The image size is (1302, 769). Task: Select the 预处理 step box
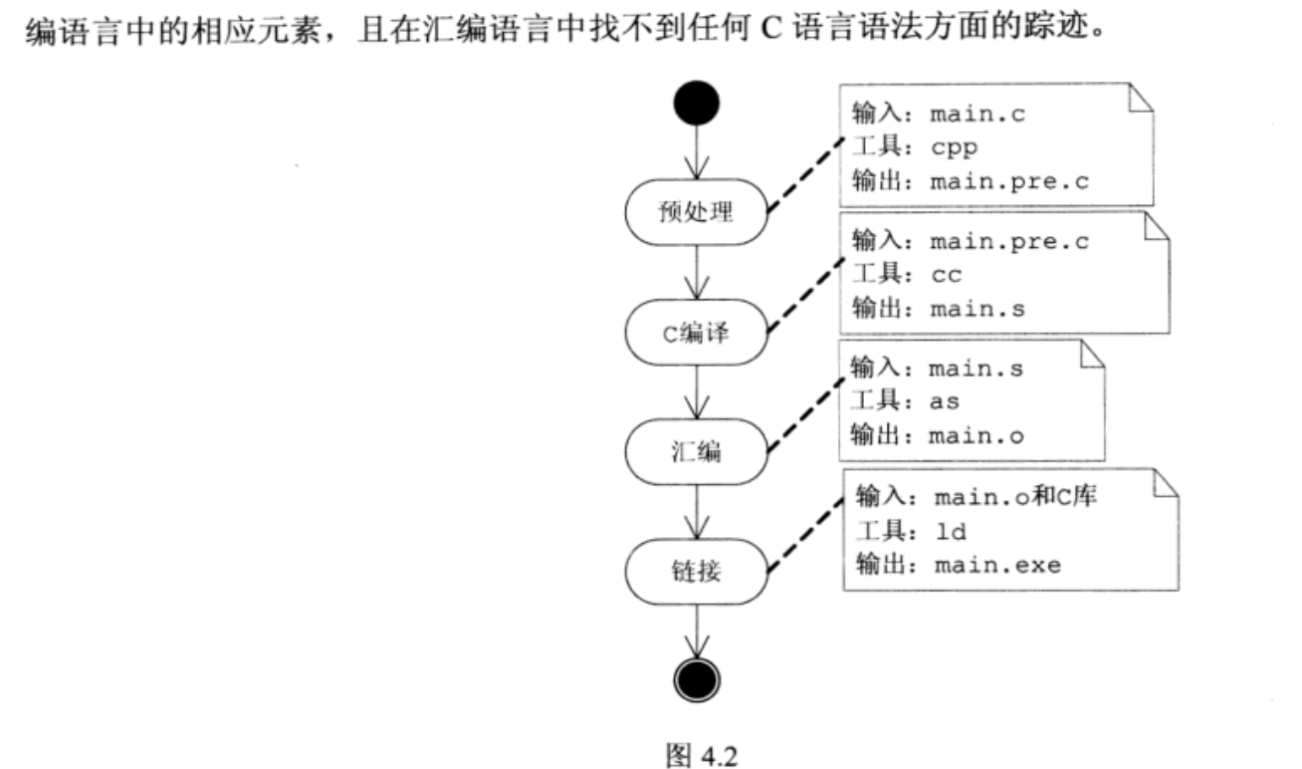pyautogui.click(x=697, y=211)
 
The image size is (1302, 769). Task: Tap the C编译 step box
pyautogui.click(x=697, y=332)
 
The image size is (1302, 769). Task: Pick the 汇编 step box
pyautogui.click(x=697, y=451)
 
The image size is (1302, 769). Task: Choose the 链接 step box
pyautogui.click(x=697, y=571)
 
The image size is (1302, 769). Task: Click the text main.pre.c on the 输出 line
pyautogui.click(x=1007, y=181)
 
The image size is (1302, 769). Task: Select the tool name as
pyautogui.click(x=945, y=402)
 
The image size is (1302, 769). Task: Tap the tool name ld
pyautogui.click(x=951, y=532)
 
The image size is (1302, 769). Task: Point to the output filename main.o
pyautogui.click(x=976, y=436)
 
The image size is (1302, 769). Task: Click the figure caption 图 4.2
pyautogui.click(x=700, y=754)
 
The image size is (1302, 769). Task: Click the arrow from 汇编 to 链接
pyautogui.click(x=697, y=511)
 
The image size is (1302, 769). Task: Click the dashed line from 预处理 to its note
pyautogui.click(x=803, y=177)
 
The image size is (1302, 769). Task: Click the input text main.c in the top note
pyautogui.click(x=976, y=114)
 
